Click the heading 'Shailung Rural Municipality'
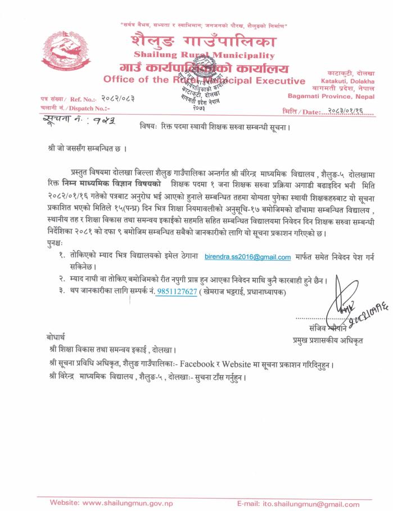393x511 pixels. tap(204, 55)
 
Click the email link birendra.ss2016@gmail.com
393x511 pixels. tap(247, 257)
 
